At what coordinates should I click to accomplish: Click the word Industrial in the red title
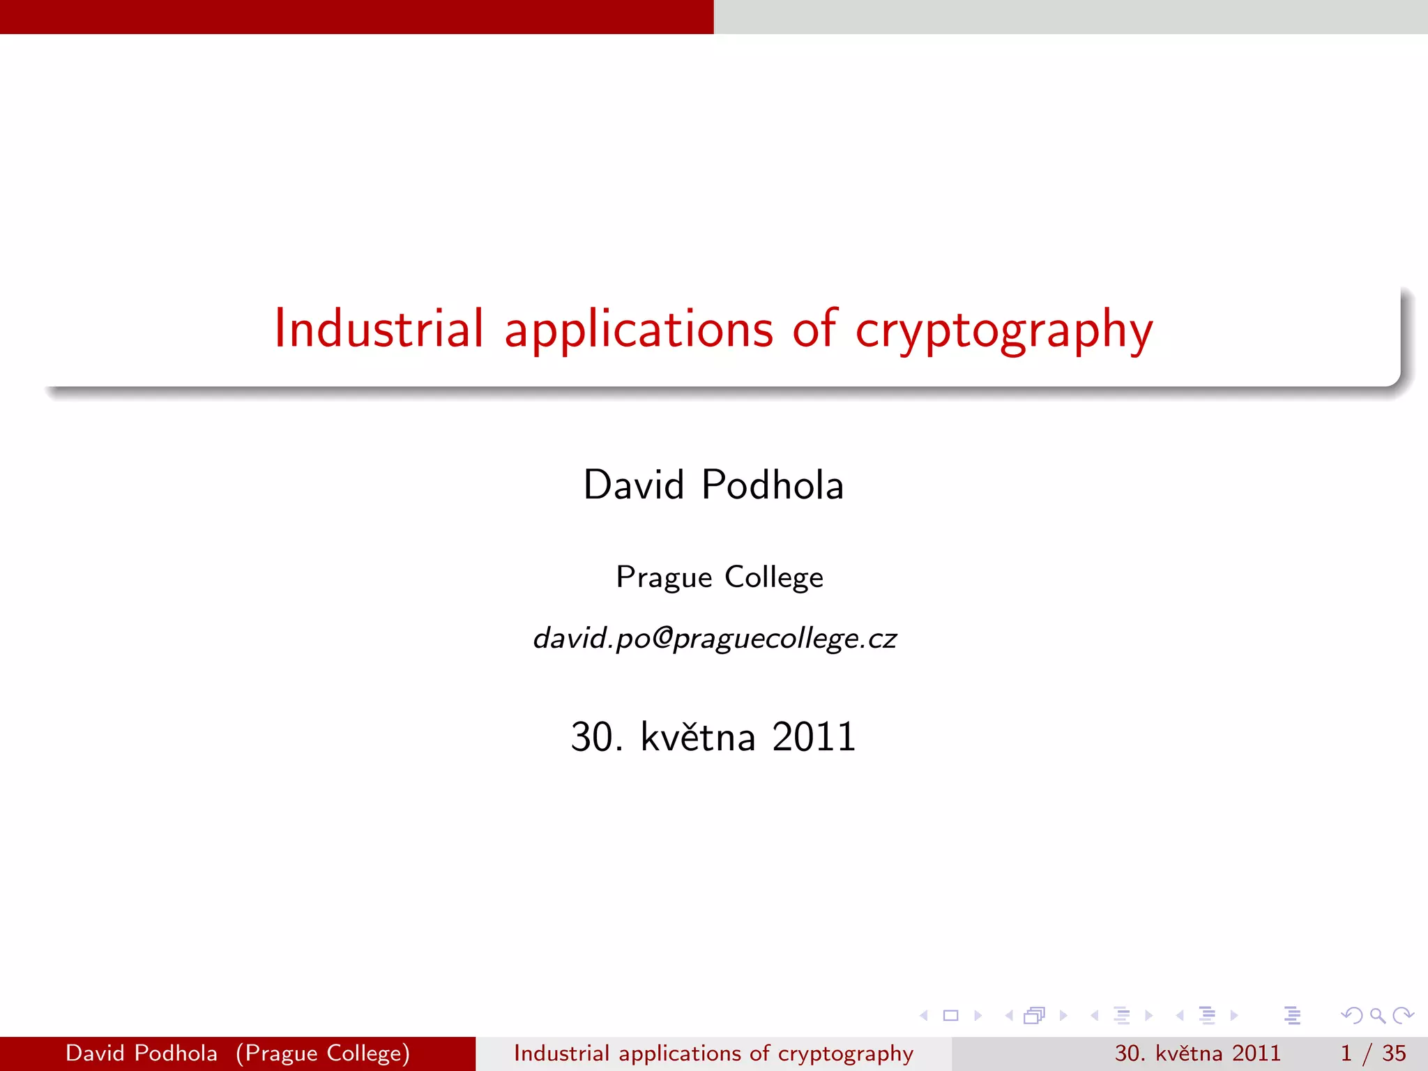click(x=379, y=329)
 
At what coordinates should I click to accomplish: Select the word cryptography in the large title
click(x=1004, y=331)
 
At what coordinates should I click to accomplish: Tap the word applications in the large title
click(x=638, y=331)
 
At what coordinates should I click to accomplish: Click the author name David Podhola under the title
click(x=713, y=485)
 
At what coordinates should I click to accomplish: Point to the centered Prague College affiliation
click(x=720, y=577)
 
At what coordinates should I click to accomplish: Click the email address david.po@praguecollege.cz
click(x=715, y=638)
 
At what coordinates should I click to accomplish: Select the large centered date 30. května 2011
click(x=713, y=737)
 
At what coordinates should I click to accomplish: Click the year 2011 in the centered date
click(x=814, y=737)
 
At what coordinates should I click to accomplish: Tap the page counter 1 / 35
click(x=1372, y=1053)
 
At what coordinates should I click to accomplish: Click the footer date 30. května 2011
click(x=1197, y=1053)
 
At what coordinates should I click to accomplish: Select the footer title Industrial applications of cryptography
click(x=713, y=1053)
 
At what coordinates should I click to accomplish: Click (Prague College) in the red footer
click(x=323, y=1053)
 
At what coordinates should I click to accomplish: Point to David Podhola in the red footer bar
click(x=142, y=1053)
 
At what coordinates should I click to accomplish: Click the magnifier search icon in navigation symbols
click(x=1377, y=1016)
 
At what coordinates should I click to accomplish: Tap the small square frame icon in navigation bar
click(x=950, y=1016)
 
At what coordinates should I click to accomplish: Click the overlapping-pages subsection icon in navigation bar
click(x=1035, y=1016)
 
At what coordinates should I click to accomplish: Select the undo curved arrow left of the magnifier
click(x=1352, y=1016)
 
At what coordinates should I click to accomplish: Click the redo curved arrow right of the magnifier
click(x=1403, y=1016)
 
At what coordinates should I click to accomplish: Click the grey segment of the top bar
click(x=1070, y=17)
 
